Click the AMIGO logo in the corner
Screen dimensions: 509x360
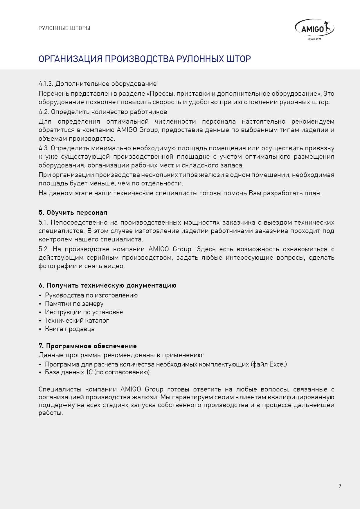tap(314, 29)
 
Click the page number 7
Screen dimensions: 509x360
tap(340, 486)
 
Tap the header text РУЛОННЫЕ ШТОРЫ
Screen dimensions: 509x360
tap(64, 28)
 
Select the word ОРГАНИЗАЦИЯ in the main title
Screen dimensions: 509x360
tap(71, 59)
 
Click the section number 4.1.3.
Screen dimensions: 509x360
tap(46, 84)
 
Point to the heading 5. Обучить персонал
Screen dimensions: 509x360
tap(73, 212)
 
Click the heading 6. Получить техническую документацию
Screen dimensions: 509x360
tap(107, 285)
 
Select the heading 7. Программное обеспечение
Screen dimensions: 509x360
tap(88, 346)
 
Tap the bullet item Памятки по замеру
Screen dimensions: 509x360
tap(74, 304)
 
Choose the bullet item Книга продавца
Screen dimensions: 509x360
tap(70, 329)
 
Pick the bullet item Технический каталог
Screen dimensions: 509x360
tap(77, 320)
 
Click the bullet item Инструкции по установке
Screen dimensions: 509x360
tap(84, 312)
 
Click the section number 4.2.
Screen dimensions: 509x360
tap(44, 112)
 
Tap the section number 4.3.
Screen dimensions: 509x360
tap(44, 148)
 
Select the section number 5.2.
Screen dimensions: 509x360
tap(44, 249)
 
